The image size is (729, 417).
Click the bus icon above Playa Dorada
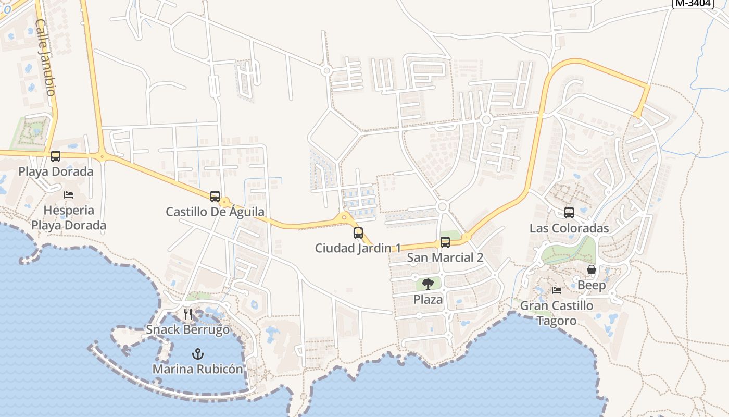tap(56, 156)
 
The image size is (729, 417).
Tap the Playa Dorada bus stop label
tap(56, 171)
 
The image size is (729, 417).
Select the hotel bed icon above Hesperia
tap(69, 195)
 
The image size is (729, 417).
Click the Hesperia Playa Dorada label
tap(69, 218)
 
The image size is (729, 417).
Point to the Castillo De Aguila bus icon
tap(215, 196)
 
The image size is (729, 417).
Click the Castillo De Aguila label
tap(215, 212)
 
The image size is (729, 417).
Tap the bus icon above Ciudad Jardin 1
tap(358, 232)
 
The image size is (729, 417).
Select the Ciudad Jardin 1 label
tap(358, 248)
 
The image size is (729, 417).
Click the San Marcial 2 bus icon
tap(445, 242)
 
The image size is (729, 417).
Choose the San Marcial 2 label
tap(445, 257)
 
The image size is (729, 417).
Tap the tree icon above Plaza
tap(428, 284)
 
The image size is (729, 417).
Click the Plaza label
tap(428, 300)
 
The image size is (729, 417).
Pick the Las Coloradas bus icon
tap(569, 213)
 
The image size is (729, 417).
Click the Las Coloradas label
tap(569, 228)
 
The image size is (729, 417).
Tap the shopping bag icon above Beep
tap(592, 269)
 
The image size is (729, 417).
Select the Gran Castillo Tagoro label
tap(557, 313)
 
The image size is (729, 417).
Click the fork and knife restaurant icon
tap(188, 314)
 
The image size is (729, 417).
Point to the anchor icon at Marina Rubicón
tap(197, 354)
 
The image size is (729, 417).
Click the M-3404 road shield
tap(693, 3)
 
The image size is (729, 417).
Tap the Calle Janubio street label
tap(45, 57)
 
